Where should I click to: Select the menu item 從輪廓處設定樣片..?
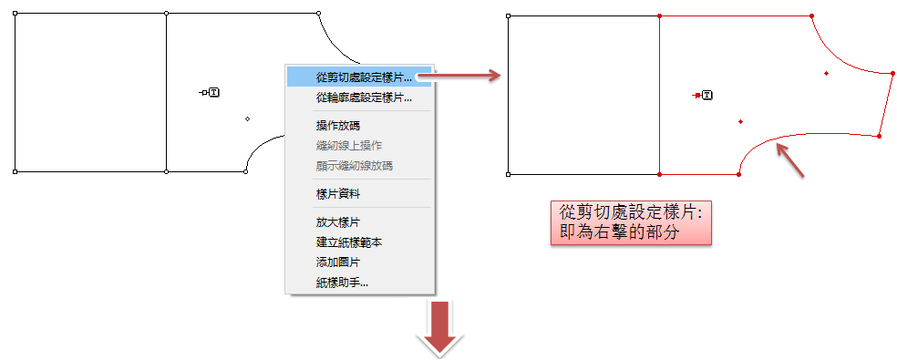tap(364, 98)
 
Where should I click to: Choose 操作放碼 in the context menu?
tap(338, 126)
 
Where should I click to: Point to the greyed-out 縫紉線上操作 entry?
tap(349, 146)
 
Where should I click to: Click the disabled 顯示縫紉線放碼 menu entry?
tap(354, 166)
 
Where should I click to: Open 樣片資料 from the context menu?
tap(338, 194)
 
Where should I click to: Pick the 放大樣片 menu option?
tap(338, 222)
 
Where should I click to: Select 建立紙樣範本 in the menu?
tap(349, 242)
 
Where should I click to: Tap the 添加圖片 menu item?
tap(338, 262)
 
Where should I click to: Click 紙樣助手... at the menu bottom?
tap(342, 283)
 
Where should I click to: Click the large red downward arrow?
tap(439, 328)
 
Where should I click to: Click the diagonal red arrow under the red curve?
tap(790, 159)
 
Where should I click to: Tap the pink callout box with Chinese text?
tap(631, 223)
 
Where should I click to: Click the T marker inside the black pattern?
tap(214, 91)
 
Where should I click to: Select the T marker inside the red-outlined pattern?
tap(707, 95)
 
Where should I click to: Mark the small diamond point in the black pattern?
tap(247, 118)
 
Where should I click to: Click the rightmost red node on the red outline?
tap(893, 73)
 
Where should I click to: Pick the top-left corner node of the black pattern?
tap(15, 13)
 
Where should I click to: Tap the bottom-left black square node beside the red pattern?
tap(508, 175)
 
